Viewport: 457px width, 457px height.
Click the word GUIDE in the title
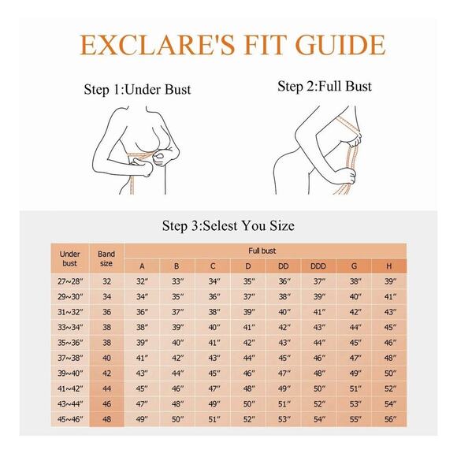point(340,45)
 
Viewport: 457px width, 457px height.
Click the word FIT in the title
point(263,45)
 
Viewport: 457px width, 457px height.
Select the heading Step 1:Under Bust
point(137,89)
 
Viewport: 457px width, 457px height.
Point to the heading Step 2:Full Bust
point(325,86)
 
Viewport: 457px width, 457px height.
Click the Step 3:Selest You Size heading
point(228,225)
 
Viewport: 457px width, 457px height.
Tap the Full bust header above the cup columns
point(262,251)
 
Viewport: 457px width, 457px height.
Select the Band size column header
point(106,258)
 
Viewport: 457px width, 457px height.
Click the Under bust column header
point(69,258)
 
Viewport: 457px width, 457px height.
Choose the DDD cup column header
point(318,266)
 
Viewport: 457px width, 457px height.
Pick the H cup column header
point(388,266)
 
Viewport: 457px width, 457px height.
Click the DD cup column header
point(284,266)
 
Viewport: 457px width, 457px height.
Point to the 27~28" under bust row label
point(70,281)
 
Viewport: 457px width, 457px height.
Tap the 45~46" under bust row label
point(70,419)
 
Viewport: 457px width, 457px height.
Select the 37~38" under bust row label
point(70,358)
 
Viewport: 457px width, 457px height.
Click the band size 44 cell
point(106,388)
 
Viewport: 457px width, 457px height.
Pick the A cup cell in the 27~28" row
point(142,281)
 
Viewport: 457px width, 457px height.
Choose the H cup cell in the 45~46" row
point(390,419)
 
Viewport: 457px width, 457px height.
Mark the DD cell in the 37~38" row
point(284,358)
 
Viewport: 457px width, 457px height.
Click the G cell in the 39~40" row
point(355,373)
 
